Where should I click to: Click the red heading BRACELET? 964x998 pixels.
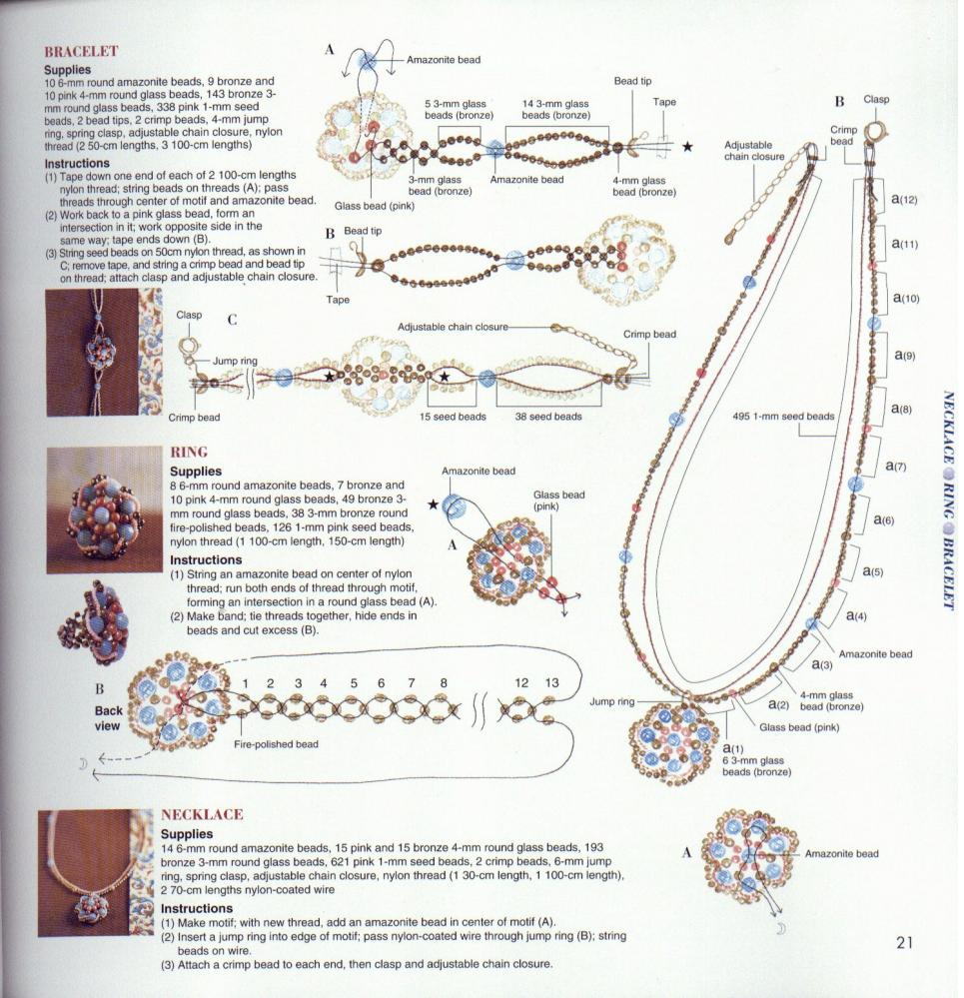(x=81, y=51)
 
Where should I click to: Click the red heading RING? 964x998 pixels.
(x=189, y=453)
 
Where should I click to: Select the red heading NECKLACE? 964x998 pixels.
(x=202, y=815)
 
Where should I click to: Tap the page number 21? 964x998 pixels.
(x=906, y=942)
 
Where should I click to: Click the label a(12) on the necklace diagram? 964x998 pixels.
(x=904, y=199)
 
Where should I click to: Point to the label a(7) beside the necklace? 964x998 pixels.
(x=893, y=467)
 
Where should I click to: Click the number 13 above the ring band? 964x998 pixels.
(x=551, y=682)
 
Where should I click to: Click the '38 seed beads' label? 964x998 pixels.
(x=547, y=417)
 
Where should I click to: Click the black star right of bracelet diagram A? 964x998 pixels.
(x=687, y=147)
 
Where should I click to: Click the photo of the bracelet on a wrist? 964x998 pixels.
(x=104, y=352)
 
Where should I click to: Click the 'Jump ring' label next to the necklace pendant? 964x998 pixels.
(x=610, y=702)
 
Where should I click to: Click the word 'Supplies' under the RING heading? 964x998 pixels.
(x=195, y=471)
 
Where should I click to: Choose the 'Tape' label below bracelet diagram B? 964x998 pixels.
(x=339, y=299)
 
